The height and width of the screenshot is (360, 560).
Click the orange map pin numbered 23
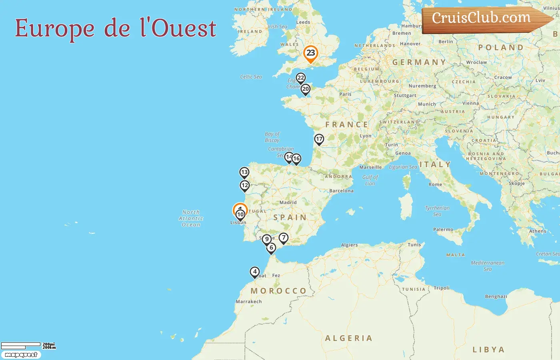(x=310, y=53)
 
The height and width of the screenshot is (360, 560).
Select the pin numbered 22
(x=301, y=78)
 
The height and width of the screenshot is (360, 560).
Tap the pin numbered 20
(x=306, y=89)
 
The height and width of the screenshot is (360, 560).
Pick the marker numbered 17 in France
(x=319, y=139)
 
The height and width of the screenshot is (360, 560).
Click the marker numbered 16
(x=296, y=159)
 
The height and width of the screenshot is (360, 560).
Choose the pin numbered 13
(x=244, y=172)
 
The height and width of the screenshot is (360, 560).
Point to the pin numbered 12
(x=245, y=186)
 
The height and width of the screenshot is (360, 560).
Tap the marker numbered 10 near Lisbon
(x=240, y=215)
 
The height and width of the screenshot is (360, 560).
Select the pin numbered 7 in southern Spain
(x=284, y=238)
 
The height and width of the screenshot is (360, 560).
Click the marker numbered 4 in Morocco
(x=255, y=272)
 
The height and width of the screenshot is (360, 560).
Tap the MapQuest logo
(x=21, y=355)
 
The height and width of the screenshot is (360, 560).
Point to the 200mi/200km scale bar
(x=28, y=346)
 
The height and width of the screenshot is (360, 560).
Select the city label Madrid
(x=288, y=202)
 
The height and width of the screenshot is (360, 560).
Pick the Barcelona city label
(x=341, y=191)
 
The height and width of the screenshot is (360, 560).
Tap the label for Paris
(x=345, y=94)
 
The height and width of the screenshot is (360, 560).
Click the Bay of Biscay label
(x=272, y=137)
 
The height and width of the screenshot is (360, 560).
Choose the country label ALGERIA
(x=348, y=338)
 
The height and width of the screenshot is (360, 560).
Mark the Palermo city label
(x=443, y=230)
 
